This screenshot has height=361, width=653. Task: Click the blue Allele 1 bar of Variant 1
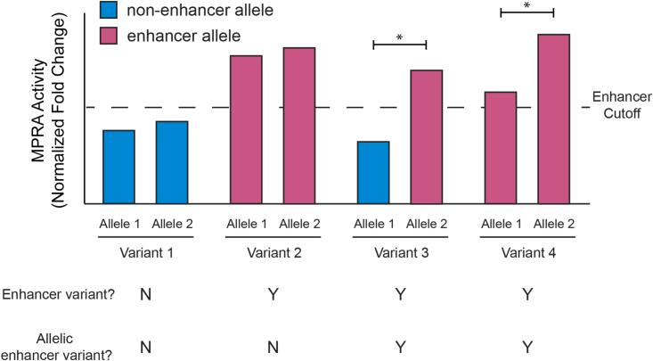point(118,167)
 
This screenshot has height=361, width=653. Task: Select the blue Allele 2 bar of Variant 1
point(171,162)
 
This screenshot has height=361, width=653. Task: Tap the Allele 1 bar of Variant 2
point(246,129)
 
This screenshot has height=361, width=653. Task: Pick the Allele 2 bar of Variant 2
point(299,125)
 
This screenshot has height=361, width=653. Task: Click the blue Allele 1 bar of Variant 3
point(373,172)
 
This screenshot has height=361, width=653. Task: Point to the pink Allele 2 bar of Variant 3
point(426,136)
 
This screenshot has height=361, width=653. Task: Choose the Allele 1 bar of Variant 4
point(500,147)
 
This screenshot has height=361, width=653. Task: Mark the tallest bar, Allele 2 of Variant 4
point(553,119)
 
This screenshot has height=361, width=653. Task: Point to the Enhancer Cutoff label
point(619,106)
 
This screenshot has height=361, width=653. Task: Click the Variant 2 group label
point(273,252)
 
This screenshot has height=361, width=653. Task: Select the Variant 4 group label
point(526,252)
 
